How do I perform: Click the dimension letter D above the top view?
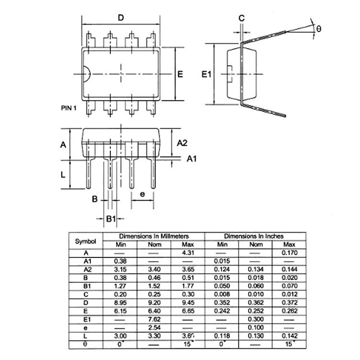pyautogui.click(x=120, y=18)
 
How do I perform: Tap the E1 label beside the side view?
pyautogui.click(x=206, y=74)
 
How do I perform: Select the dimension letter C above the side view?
pyautogui.click(x=241, y=18)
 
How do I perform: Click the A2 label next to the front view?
pyautogui.click(x=182, y=143)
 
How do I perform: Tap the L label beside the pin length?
pyautogui.click(x=64, y=174)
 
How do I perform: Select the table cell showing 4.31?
pyautogui.click(x=188, y=253)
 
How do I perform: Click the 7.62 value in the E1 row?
pyautogui.click(x=154, y=319)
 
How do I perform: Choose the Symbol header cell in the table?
pyautogui.click(x=85, y=241)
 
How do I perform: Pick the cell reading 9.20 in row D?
pyautogui.click(x=154, y=302)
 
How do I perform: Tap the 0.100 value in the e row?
pyautogui.click(x=256, y=327)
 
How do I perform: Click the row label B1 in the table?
pyautogui.click(x=87, y=286)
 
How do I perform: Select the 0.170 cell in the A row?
pyautogui.click(x=289, y=253)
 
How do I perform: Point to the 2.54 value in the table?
pyautogui.click(x=154, y=327)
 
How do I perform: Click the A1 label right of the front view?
pyautogui.click(x=192, y=159)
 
